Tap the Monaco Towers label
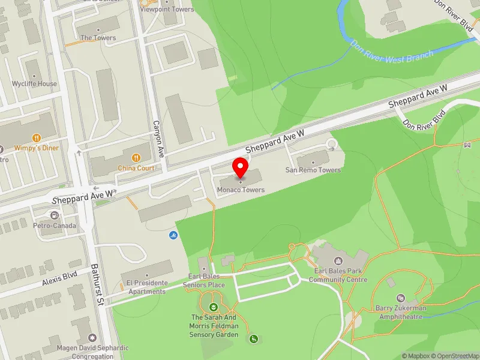241,190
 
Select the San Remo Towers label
313,170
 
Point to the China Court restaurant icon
136,158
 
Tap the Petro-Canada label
55,226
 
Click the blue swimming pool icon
173,235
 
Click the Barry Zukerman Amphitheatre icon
401,298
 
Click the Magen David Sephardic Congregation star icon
92,338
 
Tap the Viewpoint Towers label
167,10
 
